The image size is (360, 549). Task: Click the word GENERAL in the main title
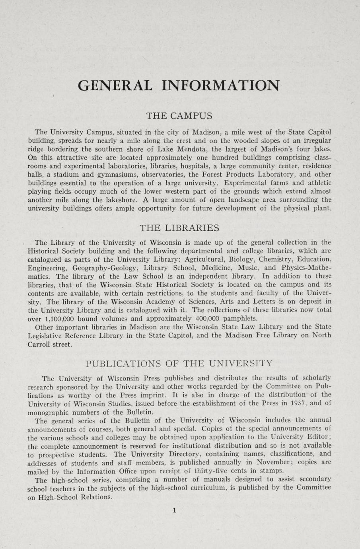click(115, 85)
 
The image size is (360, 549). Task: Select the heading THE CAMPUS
click(179, 116)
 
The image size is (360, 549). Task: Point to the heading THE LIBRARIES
click(179, 228)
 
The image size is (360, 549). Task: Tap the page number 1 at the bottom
click(174, 510)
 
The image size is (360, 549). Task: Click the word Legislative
click(50, 335)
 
